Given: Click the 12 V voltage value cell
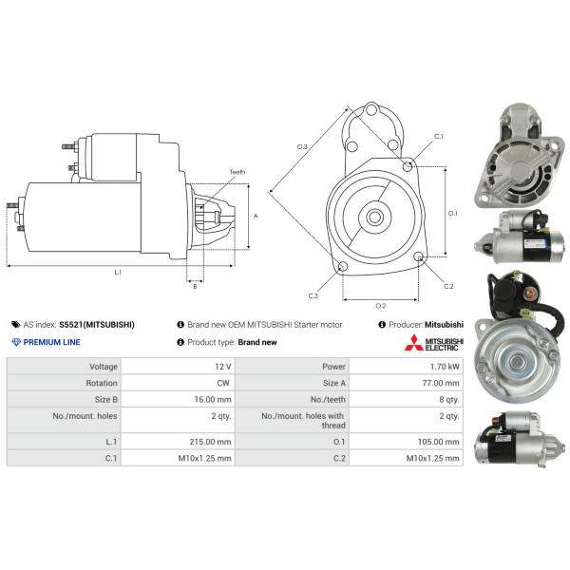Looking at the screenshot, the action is click(223, 367).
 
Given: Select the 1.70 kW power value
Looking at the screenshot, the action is click(445, 367).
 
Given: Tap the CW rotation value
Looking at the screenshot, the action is click(223, 383).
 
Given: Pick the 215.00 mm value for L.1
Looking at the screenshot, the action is click(210, 442).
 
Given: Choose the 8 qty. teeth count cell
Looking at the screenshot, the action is click(449, 400).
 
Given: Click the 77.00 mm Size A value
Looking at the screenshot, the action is click(441, 383).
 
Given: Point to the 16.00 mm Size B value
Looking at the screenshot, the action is click(213, 400).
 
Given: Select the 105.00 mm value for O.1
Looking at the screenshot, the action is click(438, 442).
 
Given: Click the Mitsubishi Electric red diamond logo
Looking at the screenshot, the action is click(413, 342).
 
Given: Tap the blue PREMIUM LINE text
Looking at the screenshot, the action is click(51, 342).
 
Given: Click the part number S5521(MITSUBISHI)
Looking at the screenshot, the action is click(97, 325).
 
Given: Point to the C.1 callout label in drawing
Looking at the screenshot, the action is click(439, 136).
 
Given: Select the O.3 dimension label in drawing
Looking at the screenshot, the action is click(302, 146).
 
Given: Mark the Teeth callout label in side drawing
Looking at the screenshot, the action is click(237, 172).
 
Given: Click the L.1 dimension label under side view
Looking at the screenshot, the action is click(118, 272).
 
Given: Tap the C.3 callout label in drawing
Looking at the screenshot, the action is click(313, 295).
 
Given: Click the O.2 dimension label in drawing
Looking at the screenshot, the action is click(381, 306).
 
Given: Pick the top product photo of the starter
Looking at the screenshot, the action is click(520, 156).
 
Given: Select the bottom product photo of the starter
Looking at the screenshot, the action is click(521, 439).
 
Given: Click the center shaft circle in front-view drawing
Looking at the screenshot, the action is click(375, 218).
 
